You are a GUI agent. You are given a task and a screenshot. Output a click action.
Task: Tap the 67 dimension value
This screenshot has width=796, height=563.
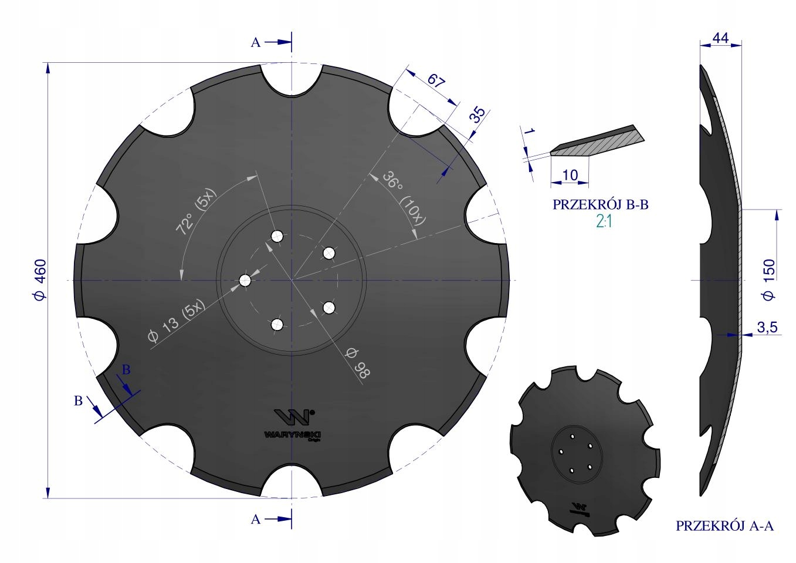click(436, 80)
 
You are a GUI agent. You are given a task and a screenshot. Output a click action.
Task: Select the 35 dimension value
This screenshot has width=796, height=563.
click(479, 114)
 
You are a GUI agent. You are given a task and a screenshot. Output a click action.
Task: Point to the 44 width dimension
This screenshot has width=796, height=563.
click(721, 38)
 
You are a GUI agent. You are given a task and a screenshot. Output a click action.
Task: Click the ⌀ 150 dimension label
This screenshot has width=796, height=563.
click(769, 280)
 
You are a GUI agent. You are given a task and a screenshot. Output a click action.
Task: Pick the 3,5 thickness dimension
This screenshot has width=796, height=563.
click(767, 327)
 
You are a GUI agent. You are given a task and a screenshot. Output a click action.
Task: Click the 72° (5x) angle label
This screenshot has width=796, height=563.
click(196, 211)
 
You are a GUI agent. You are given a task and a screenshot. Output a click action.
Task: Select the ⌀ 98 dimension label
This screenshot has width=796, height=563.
click(358, 363)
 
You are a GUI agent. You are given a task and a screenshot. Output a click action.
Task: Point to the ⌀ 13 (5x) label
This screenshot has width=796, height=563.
click(177, 321)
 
